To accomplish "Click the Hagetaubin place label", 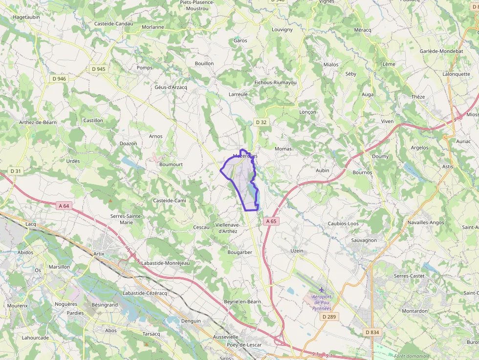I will point(26,17).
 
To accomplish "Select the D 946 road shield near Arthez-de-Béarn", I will point(59,79).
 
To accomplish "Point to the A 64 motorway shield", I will point(64,206).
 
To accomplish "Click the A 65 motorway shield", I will point(271,221).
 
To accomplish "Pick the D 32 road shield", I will point(261,122).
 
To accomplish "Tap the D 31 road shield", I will point(16,171).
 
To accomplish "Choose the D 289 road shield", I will point(330,317).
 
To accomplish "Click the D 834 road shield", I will point(372,332).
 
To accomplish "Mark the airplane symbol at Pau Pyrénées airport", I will point(322,291).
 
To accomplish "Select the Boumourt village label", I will point(171,165).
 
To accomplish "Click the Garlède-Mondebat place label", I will point(441,51).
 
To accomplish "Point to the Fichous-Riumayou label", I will point(276,83).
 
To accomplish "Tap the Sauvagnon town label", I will point(364,240).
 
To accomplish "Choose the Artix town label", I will point(99,254).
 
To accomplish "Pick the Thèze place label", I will point(418,97).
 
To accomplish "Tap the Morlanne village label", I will point(152,27).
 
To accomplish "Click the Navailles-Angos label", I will point(426,223).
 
